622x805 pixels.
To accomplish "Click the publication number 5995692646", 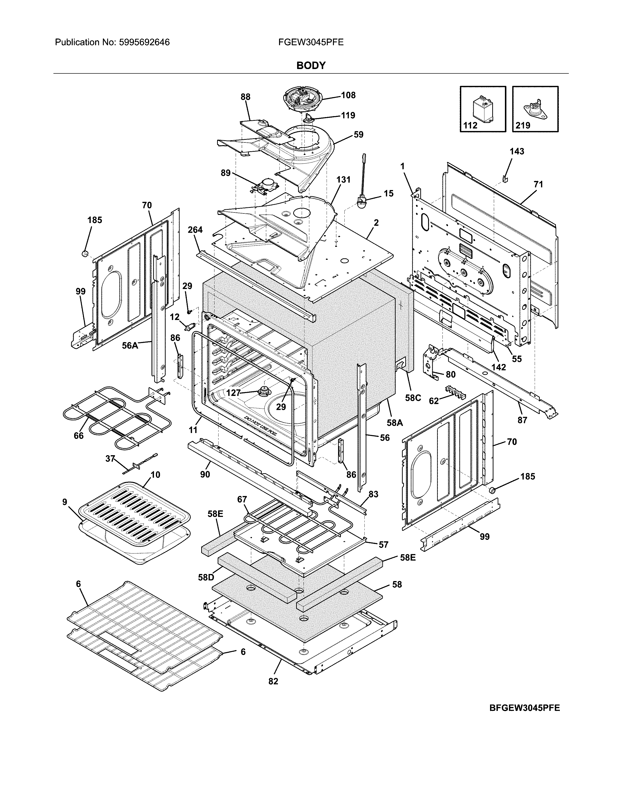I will pos(144,42).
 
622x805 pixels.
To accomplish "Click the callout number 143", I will pos(517,151).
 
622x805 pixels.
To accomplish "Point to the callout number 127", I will pos(233,393).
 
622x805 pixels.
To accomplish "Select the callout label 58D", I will pos(206,577).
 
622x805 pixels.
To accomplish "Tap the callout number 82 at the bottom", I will pos(273,682).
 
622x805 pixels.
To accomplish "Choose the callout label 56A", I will pos(130,346).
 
